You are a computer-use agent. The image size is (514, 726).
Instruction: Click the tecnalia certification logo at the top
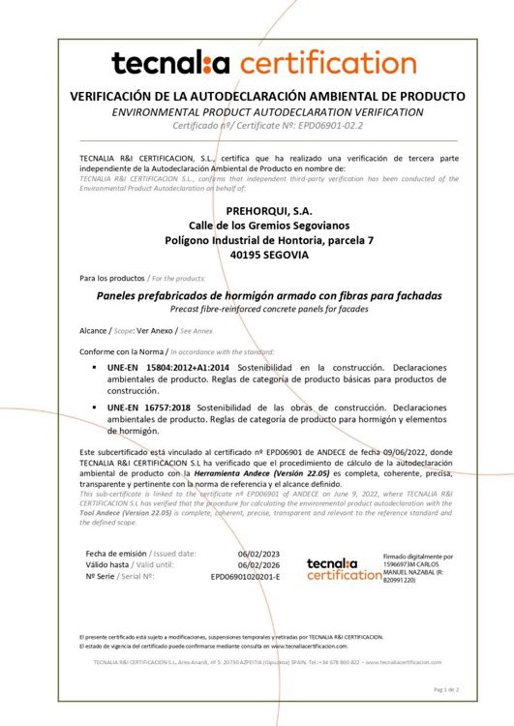click(257, 65)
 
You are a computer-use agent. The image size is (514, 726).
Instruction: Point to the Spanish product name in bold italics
click(256, 295)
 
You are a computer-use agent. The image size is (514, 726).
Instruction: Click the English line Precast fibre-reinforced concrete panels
click(256, 310)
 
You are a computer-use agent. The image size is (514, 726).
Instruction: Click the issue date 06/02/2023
click(259, 553)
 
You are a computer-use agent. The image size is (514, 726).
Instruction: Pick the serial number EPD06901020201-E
click(245, 576)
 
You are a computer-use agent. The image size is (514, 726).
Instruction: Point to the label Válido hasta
click(107, 564)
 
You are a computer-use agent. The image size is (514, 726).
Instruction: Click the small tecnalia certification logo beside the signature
click(344, 568)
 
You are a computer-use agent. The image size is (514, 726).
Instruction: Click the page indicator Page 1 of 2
click(445, 689)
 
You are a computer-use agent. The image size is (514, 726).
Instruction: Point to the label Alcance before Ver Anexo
click(94, 330)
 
